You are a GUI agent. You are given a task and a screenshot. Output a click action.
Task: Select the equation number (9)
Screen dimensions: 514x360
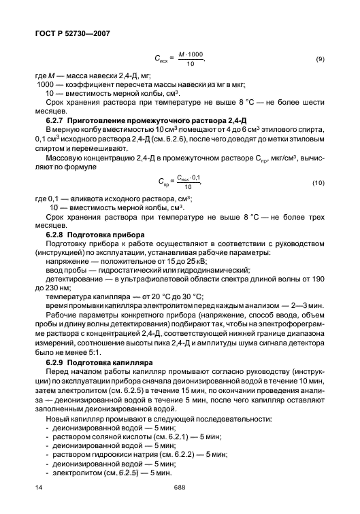(x=320, y=60)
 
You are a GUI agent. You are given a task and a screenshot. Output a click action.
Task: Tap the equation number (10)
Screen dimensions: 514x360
(x=318, y=184)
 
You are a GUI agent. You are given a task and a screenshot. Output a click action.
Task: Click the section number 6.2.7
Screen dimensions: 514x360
(x=56, y=120)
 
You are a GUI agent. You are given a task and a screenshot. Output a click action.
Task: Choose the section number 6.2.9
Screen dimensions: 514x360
(x=56, y=364)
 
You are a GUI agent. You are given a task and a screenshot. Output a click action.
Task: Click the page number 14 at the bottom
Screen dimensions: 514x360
(x=37, y=487)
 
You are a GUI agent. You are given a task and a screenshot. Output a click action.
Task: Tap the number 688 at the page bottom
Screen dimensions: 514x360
(x=180, y=487)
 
